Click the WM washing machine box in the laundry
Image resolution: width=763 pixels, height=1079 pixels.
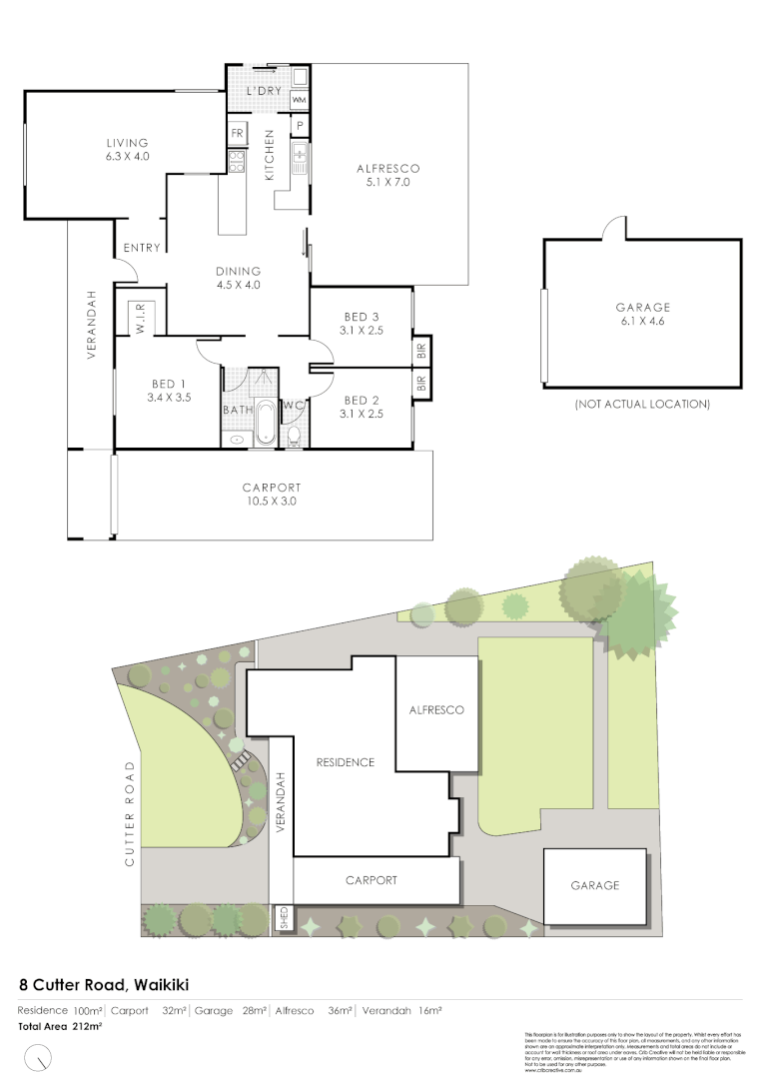click(x=299, y=101)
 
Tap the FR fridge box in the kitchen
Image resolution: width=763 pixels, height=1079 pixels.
click(x=239, y=133)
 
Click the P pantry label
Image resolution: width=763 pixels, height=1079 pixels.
click(x=299, y=126)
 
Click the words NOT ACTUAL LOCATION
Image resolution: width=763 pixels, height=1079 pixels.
click(x=642, y=405)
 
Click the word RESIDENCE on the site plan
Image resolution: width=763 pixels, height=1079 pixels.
click(x=345, y=762)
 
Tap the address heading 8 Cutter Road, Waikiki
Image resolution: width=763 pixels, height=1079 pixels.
click(x=104, y=983)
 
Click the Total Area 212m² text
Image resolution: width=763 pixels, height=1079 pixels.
click(x=60, y=1026)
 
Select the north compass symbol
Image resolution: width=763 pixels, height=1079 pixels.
click(x=39, y=1055)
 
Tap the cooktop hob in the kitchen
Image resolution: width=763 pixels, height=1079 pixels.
click(x=238, y=162)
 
